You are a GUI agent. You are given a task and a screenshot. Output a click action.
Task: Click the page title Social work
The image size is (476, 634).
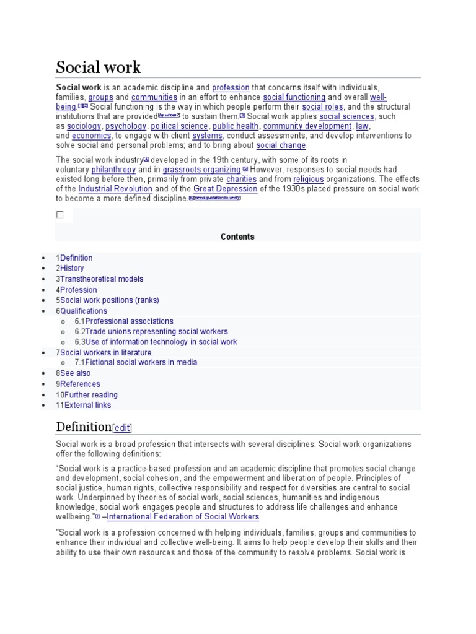(99, 67)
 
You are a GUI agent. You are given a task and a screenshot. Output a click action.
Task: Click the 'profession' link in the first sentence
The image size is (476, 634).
(231, 88)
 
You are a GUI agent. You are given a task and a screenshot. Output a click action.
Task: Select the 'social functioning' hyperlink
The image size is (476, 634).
(294, 97)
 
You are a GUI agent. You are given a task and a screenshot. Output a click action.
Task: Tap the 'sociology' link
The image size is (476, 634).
(84, 126)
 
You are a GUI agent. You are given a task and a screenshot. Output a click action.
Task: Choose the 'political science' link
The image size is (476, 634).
(179, 126)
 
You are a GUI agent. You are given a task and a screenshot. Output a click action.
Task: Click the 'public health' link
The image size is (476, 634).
(236, 126)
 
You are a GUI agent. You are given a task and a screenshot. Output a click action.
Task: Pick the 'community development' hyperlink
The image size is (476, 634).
(307, 126)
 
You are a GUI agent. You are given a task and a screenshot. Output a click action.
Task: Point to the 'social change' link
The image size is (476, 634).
(281, 145)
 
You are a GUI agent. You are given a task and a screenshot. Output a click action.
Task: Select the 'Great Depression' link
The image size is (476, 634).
(225, 189)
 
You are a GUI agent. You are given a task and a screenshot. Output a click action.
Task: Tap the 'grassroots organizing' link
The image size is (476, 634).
(201, 170)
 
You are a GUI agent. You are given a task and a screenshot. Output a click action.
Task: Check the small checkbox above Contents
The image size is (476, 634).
(60, 215)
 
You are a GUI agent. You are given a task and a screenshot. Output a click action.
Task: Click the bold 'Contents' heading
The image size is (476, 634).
(237, 237)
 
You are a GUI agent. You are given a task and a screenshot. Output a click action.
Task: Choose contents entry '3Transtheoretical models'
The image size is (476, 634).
(100, 279)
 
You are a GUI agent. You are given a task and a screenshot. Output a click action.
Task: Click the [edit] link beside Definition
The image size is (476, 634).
(122, 428)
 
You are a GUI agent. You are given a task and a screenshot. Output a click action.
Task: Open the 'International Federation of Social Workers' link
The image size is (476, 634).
(183, 516)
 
